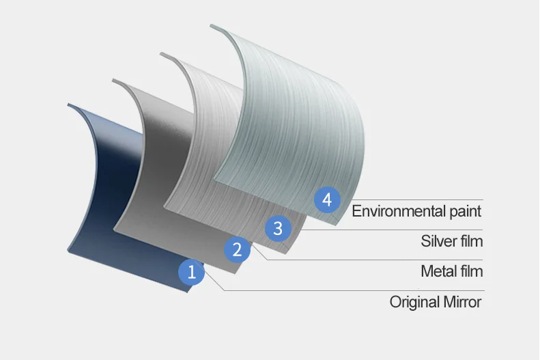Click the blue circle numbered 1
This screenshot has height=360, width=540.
[x=192, y=273]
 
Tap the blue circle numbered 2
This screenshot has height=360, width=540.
[x=237, y=249]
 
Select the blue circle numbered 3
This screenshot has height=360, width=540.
[x=277, y=228]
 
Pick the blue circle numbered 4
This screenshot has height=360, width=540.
[x=327, y=200]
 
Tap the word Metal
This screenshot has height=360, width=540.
[x=439, y=271]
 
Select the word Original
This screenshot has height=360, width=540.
[x=413, y=302]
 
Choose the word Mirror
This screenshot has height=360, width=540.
[x=461, y=301]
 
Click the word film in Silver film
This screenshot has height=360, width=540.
[x=471, y=241]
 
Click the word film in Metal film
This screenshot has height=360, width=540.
[x=471, y=271]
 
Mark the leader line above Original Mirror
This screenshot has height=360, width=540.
[x=355, y=290]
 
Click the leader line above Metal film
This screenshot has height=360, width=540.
[x=375, y=260]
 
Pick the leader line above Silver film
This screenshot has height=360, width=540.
[x=396, y=230]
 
